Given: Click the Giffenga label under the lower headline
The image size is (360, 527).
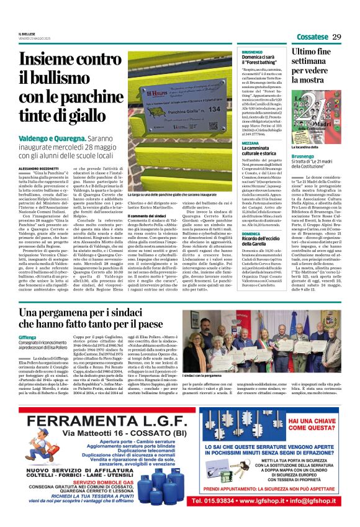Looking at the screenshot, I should tap(28, 336).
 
